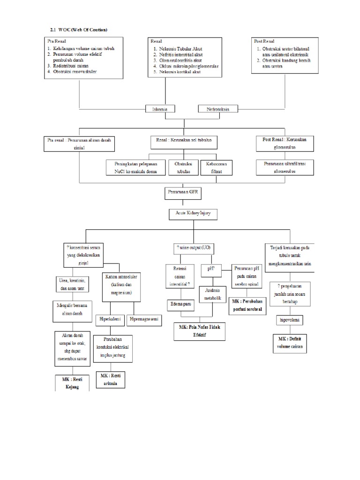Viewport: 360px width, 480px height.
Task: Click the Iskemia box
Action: pyautogui.click(x=159, y=109)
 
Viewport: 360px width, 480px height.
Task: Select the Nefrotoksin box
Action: pyautogui.click(x=218, y=109)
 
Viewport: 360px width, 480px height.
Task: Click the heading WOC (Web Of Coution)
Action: pyautogui.click(x=78, y=30)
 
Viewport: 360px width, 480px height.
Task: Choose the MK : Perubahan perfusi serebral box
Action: pyautogui.click(x=246, y=307)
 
